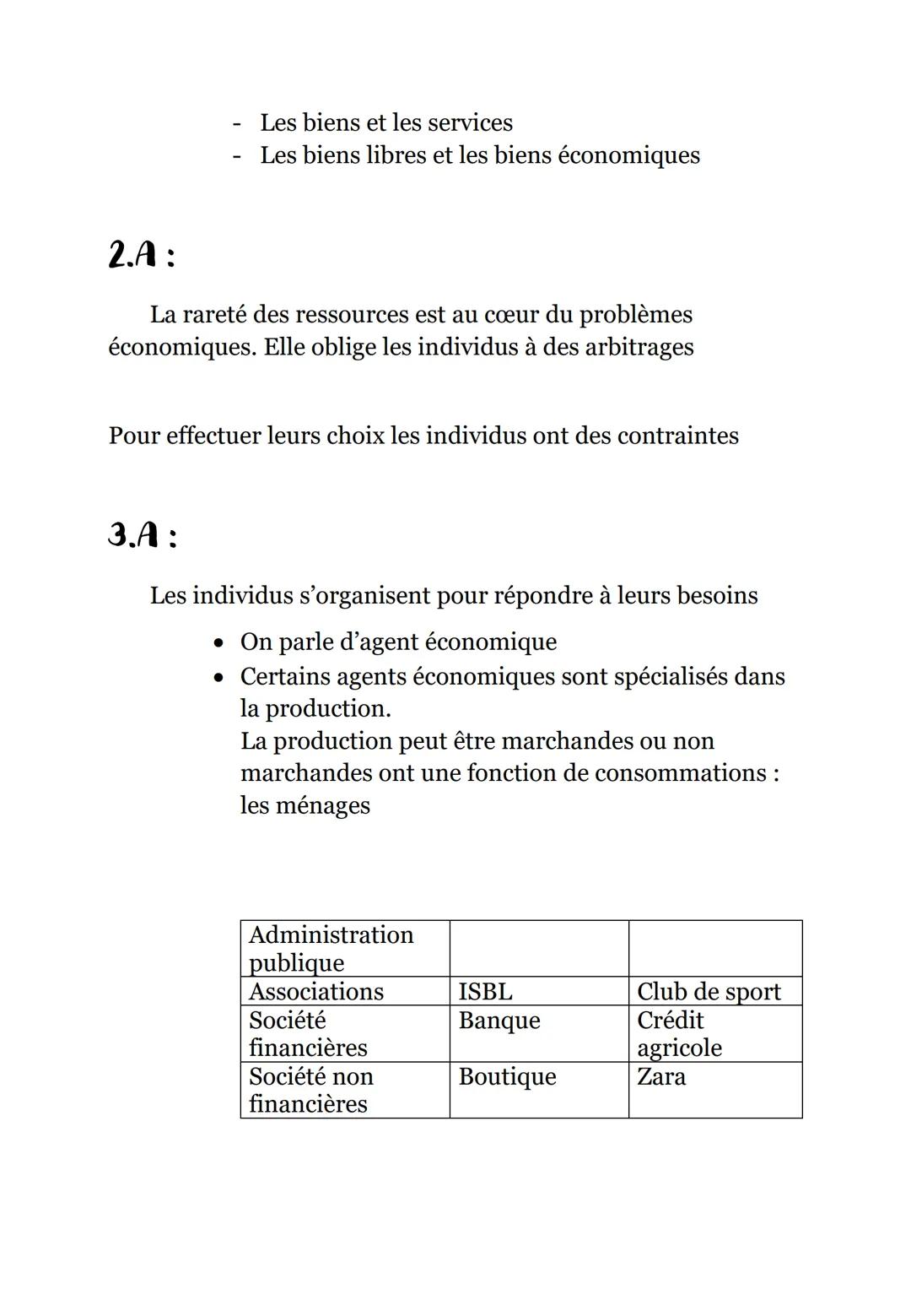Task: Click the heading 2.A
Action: pos(142,254)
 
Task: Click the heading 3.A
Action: pos(143,535)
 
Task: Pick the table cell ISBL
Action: pos(485,991)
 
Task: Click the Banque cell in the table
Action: pos(499,1020)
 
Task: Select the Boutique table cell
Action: pos(507,1076)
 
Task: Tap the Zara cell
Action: pos(661,1076)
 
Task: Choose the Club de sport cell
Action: pos(709,991)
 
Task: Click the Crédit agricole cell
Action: pos(679,1033)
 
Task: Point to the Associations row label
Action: pos(315,991)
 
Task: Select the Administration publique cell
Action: pos(331,948)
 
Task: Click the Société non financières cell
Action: pos(310,1090)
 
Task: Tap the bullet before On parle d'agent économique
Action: pos(219,643)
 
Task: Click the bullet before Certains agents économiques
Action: pos(219,677)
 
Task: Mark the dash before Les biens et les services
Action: pos(237,123)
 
